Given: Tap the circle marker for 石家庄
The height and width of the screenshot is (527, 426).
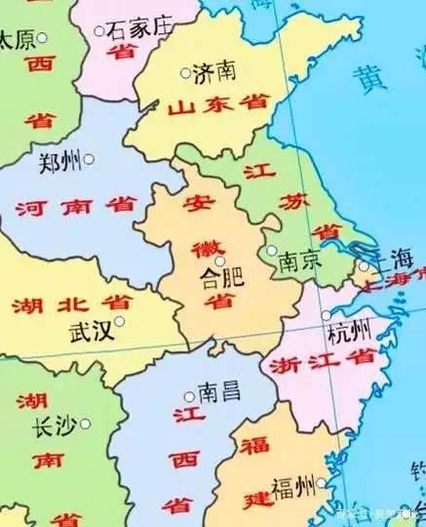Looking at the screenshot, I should point(98,31).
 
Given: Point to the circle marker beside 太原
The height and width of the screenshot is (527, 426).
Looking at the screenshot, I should point(42,40).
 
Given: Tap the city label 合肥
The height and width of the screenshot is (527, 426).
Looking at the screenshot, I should point(216,278).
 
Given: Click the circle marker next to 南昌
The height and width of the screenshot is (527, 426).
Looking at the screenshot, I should point(189,396).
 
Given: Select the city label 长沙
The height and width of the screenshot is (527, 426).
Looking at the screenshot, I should point(56,426).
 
